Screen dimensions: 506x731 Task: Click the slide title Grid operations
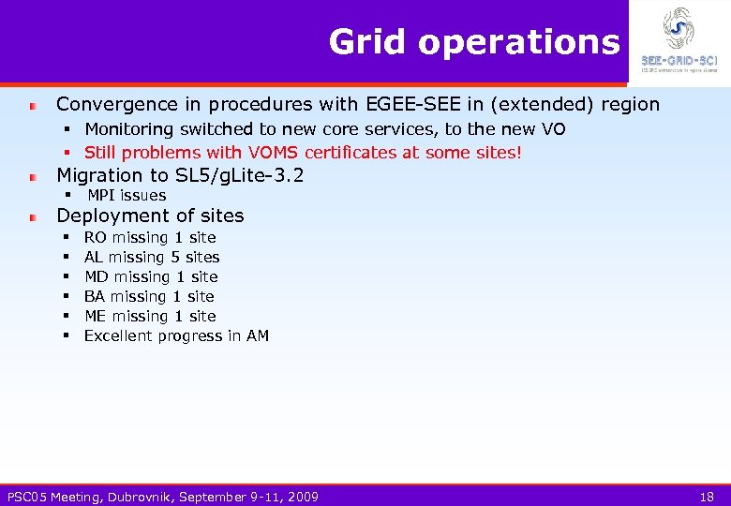point(473,42)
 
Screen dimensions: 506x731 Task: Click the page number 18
point(708,496)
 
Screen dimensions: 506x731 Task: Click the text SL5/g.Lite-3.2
point(239,175)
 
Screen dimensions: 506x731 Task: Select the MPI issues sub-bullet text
point(126,195)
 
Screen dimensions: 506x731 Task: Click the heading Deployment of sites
point(150,216)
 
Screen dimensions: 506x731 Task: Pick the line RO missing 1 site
point(150,238)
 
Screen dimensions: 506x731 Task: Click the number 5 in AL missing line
point(175,257)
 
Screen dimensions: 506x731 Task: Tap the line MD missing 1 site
point(151,276)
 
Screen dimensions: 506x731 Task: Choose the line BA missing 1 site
point(149,296)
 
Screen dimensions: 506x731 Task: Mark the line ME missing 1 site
point(150,316)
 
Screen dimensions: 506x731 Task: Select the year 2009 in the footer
point(302,496)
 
